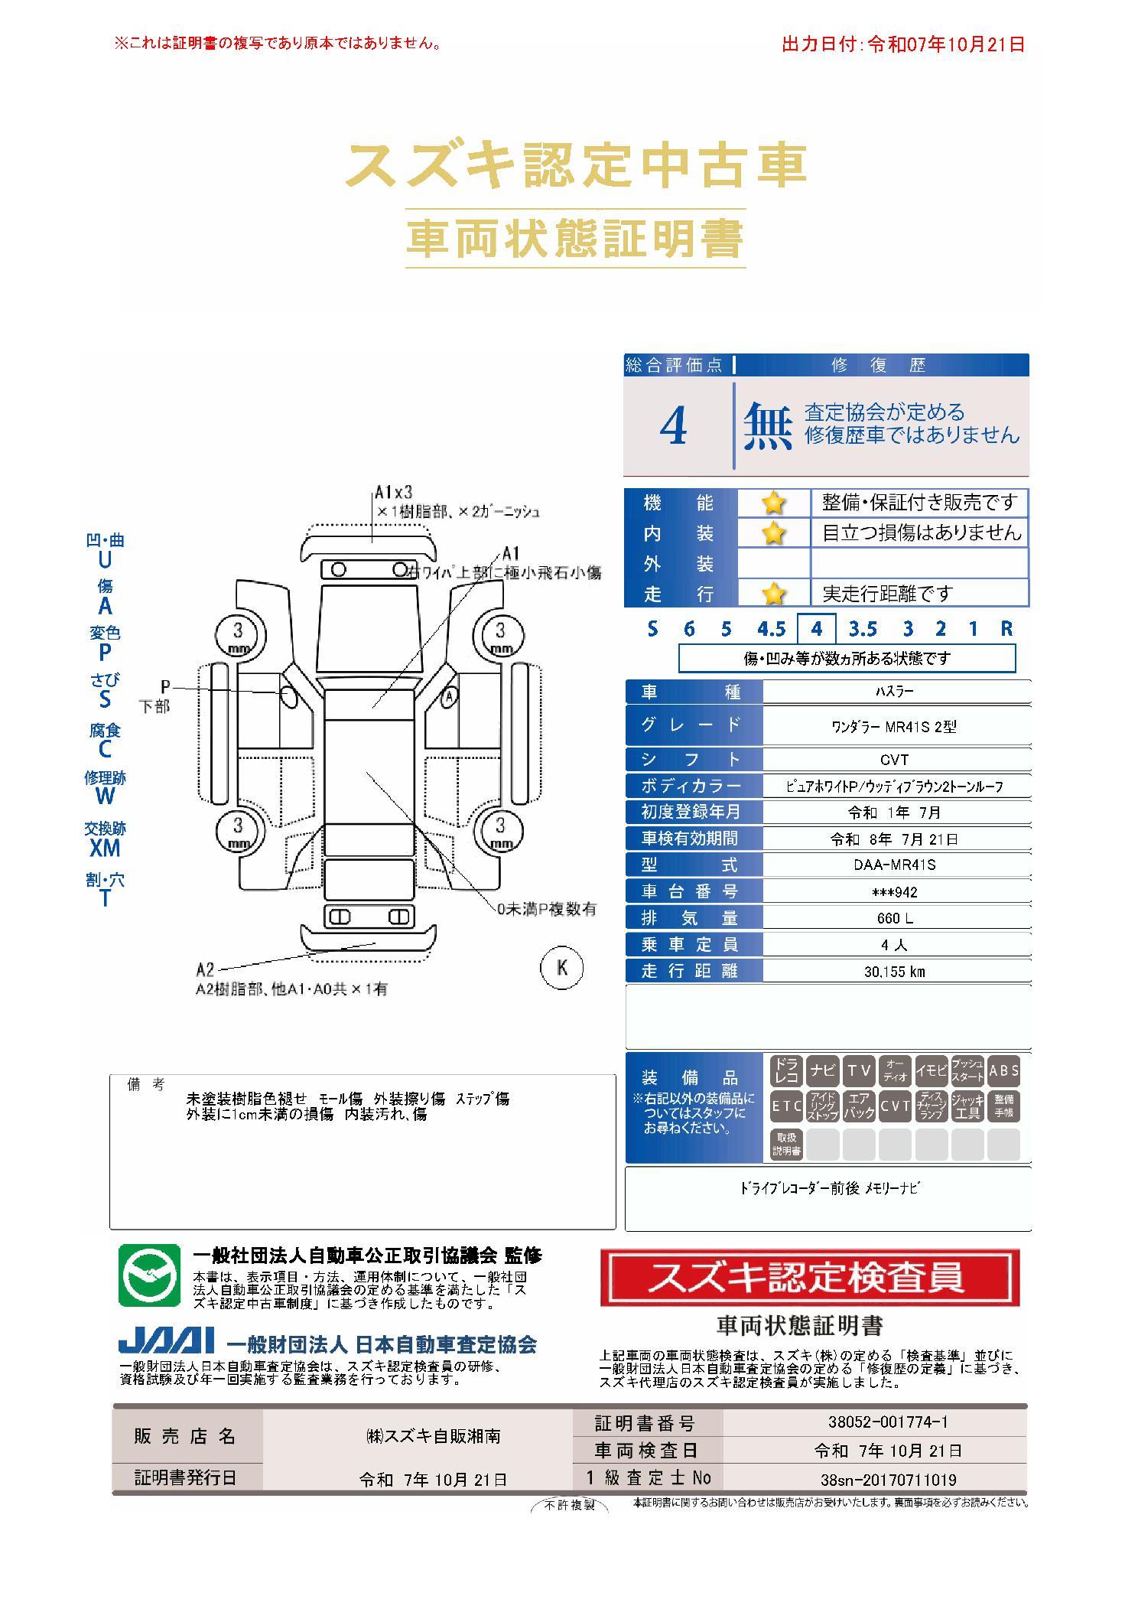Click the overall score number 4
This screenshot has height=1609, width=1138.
point(673,426)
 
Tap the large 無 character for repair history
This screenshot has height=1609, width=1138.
point(768,426)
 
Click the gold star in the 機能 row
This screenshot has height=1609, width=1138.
point(773,503)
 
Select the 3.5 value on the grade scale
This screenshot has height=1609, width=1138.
point(862,629)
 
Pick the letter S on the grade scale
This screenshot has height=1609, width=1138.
point(652,629)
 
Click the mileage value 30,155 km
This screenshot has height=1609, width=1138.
point(894,971)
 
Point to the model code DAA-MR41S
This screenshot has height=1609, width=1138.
point(894,865)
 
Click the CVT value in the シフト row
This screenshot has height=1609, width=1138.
point(894,760)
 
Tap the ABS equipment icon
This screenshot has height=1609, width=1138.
point(1003,1070)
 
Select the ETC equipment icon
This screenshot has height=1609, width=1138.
point(786,1106)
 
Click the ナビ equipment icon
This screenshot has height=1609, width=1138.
point(822,1070)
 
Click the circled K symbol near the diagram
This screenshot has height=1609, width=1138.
point(562,967)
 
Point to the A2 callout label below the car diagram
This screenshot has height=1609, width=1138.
point(205,970)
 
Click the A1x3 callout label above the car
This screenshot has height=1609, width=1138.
point(394,492)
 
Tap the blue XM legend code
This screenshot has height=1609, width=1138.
point(105,848)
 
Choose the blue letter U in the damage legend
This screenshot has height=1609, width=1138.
point(105,560)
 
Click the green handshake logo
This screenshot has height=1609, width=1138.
point(149,1275)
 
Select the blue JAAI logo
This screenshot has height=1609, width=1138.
point(166,1341)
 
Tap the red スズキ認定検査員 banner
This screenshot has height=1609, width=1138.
point(810,1278)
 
